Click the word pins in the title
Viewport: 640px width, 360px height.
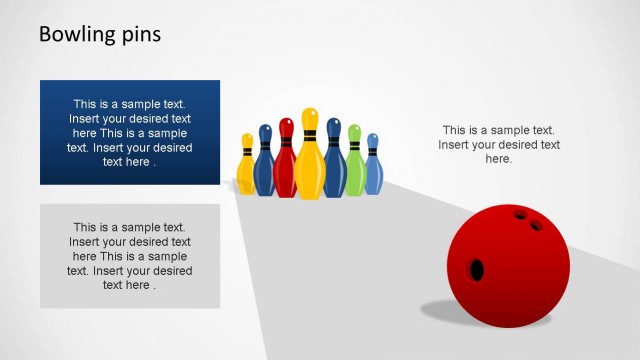[x=138, y=35]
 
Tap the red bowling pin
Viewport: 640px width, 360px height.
[x=286, y=165]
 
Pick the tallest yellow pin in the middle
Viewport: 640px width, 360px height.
[x=310, y=165]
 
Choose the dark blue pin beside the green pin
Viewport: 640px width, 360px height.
[x=334, y=165]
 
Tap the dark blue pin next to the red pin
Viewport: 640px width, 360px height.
[x=265, y=168]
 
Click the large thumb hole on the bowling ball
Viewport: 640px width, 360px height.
[x=476, y=269]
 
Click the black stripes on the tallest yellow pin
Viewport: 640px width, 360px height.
[x=310, y=135]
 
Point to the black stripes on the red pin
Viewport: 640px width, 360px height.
[x=286, y=140]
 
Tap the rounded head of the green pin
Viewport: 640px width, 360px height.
[x=354, y=131]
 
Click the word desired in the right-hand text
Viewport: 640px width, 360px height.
[x=518, y=145]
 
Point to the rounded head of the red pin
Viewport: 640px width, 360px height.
[x=286, y=125]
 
